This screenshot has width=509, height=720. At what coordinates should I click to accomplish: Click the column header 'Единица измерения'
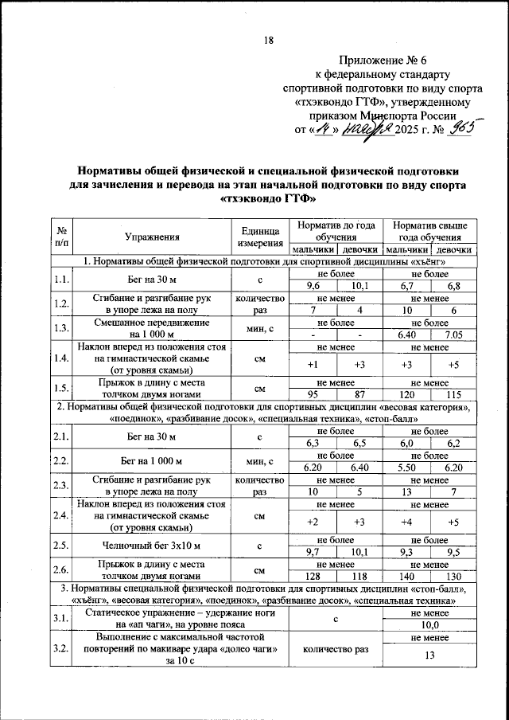260,237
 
